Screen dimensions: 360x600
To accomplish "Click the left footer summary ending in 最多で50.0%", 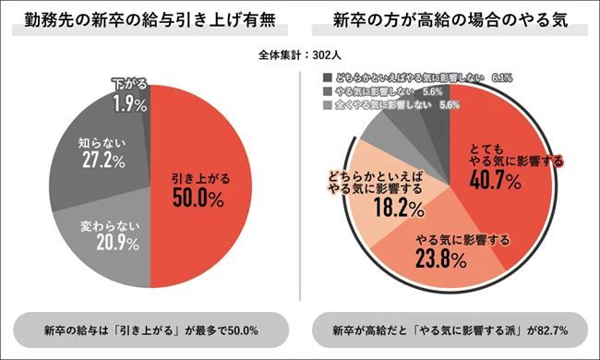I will [150, 330].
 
